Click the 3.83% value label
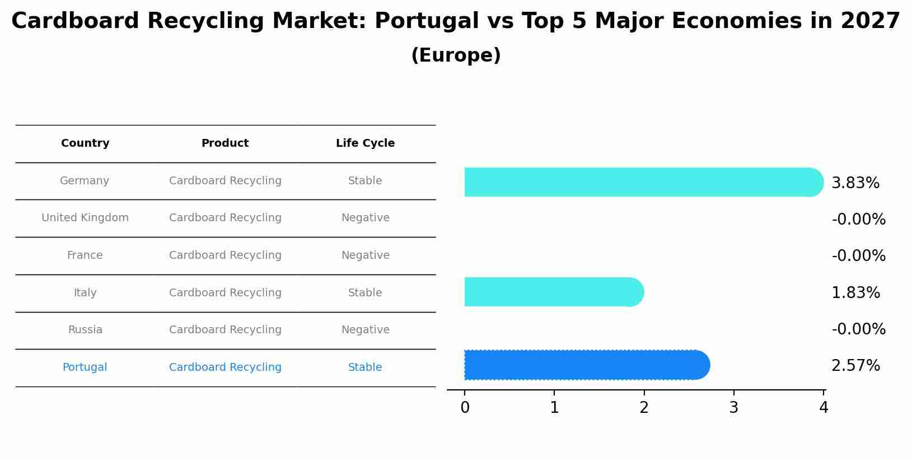point(855,183)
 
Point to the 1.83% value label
point(855,293)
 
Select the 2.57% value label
point(855,366)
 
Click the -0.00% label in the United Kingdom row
point(858,220)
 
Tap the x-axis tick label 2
point(644,408)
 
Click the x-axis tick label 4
point(823,408)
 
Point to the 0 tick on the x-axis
point(465,408)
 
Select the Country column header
point(85,143)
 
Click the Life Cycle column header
point(365,143)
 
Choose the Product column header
point(225,143)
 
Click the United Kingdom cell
point(85,218)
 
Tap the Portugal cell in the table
point(85,367)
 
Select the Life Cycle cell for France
point(365,255)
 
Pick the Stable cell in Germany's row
point(365,181)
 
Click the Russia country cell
point(85,330)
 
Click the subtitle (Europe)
point(456,55)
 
